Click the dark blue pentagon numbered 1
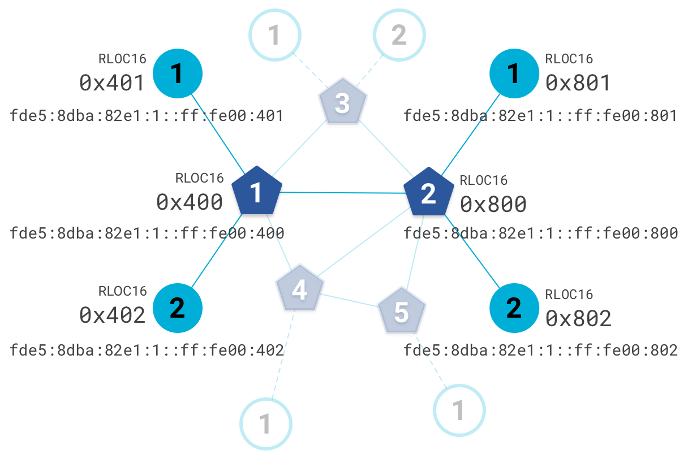(x=257, y=192)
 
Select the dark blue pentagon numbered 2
(x=429, y=193)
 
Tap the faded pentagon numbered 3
(x=342, y=104)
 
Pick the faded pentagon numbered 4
(x=299, y=289)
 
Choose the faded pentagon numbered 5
(x=401, y=311)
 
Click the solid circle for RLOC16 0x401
(x=178, y=74)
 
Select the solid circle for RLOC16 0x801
(x=514, y=74)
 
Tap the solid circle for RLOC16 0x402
(x=178, y=308)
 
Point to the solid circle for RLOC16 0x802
(x=514, y=308)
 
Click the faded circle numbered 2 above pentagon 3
(x=399, y=35)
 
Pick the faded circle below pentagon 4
(x=266, y=423)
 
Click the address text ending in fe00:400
(x=147, y=233)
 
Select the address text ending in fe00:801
(x=540, y=116)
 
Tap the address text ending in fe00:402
(x=147, y=350)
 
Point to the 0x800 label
(x=493, y=204)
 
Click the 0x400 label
(x=190, y=202)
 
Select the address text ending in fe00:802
(x=540, y=350)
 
